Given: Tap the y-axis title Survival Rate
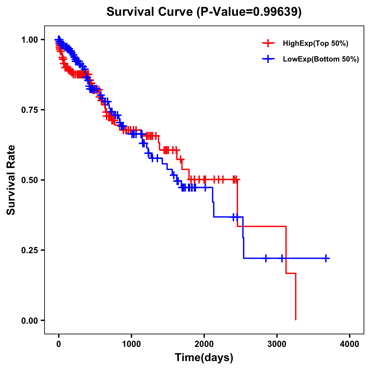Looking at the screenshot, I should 11,180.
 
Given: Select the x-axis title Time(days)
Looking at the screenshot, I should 204,357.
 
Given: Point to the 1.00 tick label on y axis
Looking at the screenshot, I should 29,40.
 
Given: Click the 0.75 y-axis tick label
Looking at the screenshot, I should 29,110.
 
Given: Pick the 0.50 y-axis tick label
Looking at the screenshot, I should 29,180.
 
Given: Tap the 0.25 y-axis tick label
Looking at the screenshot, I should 29,250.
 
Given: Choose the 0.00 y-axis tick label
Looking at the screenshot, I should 29,320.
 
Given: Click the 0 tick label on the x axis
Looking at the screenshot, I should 59,344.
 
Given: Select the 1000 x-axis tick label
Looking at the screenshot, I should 131,344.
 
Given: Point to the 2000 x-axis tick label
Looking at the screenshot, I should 204,344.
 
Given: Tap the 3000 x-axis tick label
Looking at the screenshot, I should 277,344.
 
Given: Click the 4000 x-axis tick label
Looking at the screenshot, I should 350,344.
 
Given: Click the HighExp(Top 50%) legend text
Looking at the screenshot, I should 316,44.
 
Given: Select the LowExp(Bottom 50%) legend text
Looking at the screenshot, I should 321,59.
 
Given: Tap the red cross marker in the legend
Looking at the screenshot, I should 268,43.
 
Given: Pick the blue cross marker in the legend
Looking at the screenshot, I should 268,59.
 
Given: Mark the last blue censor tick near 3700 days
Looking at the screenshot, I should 326,258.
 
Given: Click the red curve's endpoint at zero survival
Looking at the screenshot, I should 296,320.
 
